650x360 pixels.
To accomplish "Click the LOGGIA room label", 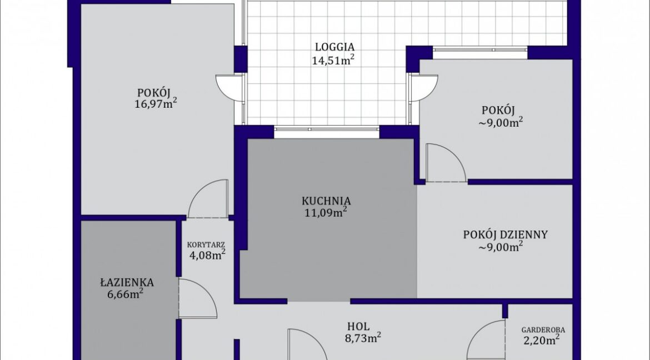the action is [334, 47].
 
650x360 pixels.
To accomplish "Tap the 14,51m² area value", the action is [333, 61].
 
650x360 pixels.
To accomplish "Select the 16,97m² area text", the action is [156, 103].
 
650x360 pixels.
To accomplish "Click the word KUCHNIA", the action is [326, 201].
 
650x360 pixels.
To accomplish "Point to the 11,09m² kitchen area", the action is [326, 213].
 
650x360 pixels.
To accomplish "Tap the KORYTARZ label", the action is [206, 244].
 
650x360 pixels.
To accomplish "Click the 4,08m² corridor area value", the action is [207, 254].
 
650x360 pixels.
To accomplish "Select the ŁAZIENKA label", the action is [127, 282].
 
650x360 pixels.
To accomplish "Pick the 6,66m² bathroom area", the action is [125, 294].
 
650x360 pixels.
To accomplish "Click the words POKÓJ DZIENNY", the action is [506, 235].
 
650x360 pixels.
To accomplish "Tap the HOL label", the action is [358, 327].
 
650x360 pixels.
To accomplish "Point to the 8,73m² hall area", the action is [363, 338].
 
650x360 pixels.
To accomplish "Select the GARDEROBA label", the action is [543, 330].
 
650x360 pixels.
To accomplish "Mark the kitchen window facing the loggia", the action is [327, 129].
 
